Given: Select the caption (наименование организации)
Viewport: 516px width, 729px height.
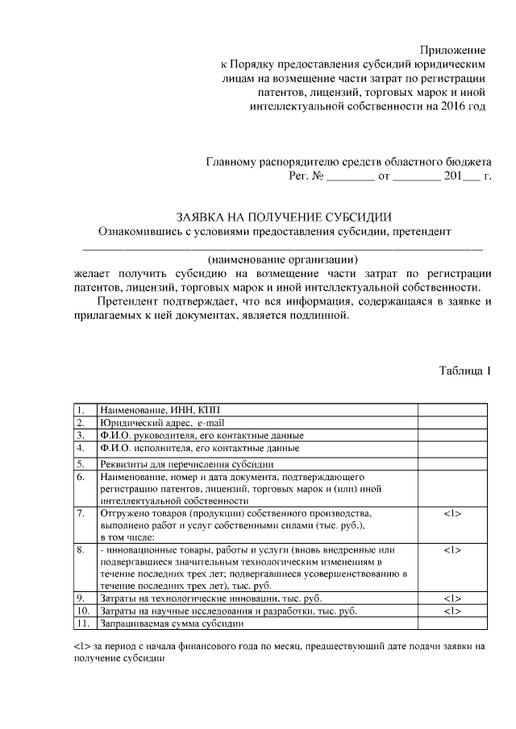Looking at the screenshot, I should (x=282, y=259).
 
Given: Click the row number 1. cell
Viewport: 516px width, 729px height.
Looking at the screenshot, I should (x=85, y=409).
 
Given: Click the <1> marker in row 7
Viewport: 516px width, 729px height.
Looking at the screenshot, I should (x=452, y=512).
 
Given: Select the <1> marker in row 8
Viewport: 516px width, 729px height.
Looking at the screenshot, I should (x=452, y=549).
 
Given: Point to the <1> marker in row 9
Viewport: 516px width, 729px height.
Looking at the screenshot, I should (x=452, y=599).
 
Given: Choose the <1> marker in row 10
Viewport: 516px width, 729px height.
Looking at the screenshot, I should (x=452, y=611).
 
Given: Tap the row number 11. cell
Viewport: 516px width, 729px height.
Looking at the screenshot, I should (x=85, y=623).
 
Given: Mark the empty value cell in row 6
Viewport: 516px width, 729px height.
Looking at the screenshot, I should (x=452, y=488).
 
